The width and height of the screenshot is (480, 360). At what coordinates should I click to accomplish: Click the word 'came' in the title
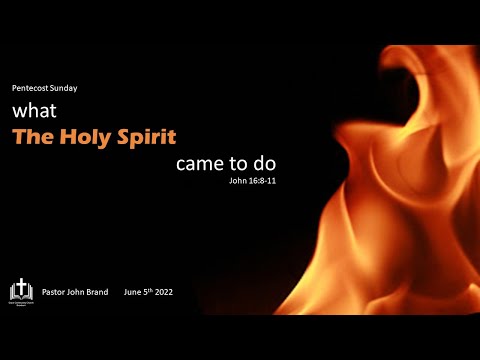tap(199, 164)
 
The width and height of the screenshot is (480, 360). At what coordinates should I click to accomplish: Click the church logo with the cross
tap(20, 291)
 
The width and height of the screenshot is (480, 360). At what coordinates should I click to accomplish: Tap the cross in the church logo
tap(20, 288)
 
